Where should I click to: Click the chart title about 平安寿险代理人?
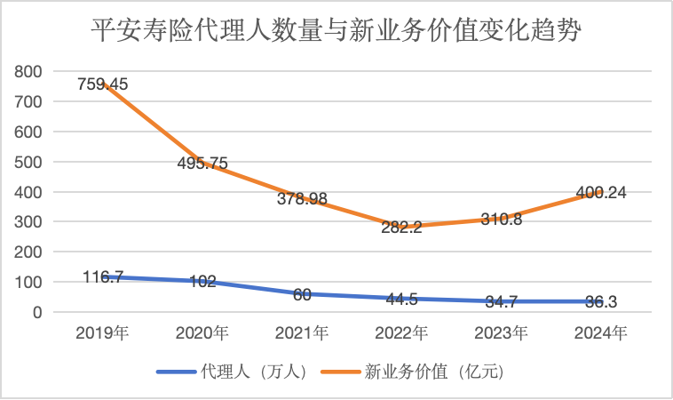(336, 33)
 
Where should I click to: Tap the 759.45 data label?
(102, 84)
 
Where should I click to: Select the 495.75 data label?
(202, 164)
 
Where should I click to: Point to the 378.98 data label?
(303, 199)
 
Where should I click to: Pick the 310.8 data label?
(503, 219)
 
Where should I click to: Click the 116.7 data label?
(103, 277)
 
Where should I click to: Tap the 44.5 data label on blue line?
(403, 299)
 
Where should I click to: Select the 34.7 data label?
(503, 302)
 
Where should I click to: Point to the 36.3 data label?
(604, 302)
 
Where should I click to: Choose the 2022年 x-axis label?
(403, 334)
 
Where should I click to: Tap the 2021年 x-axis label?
(303, 334)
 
